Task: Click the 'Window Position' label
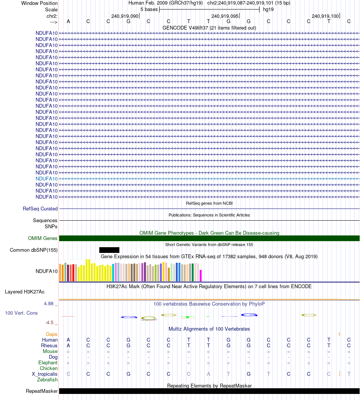point(39,3)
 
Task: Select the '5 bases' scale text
point(149,9)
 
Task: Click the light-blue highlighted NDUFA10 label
point(47,179)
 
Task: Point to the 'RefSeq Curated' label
point(40,209)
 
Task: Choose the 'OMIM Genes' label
point(43,238)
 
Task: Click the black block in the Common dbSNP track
point(109,250)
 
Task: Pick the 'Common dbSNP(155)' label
point(34,250)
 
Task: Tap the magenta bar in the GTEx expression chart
point(201,275)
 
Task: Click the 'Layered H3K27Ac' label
point(25,292)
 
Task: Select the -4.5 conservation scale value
point(49,323)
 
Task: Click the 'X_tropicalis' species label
point(45,374)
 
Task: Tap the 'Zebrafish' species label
point(47,380)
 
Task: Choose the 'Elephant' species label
point(48,363)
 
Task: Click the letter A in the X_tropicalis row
point(208,374)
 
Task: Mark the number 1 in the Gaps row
point(340,334)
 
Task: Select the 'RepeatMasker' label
point(42,391)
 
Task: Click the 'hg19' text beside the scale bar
point(268,9)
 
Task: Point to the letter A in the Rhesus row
point(68,346)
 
